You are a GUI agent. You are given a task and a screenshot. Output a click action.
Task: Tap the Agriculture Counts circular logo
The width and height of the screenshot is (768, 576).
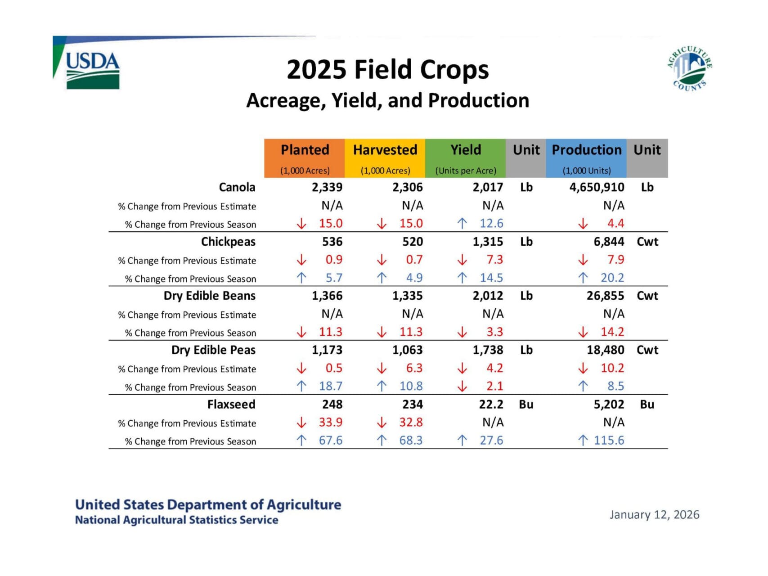689,68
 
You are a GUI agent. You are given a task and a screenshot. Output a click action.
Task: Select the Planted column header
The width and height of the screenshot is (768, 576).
305,150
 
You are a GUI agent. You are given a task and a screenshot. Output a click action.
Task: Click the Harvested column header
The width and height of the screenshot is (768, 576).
385,150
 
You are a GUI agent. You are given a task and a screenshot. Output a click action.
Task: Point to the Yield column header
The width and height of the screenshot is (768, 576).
466,150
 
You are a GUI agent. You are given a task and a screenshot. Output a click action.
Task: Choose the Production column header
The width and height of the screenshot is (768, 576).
586,150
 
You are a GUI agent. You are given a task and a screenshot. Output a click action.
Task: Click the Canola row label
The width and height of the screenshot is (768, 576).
237,187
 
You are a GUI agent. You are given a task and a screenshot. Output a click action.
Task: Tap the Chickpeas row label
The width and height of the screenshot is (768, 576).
228,242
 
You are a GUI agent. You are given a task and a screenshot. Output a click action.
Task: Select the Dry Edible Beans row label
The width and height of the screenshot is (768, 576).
209,296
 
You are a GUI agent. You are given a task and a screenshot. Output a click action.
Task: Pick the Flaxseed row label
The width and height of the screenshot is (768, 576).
231,404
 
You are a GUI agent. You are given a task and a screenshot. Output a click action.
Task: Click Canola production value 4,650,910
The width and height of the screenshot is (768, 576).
597,187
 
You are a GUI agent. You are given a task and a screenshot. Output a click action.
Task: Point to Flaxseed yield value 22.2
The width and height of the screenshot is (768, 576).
491,404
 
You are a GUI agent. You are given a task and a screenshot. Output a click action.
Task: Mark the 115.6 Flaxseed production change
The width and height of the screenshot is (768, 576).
609,440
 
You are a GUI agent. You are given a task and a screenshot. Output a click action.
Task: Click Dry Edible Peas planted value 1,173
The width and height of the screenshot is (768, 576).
327,350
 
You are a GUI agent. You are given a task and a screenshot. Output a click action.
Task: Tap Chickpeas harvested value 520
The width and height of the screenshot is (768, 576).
413,242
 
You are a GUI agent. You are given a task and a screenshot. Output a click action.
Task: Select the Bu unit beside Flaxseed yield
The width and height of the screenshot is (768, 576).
526,404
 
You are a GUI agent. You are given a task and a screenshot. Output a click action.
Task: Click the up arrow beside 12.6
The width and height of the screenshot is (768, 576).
462,224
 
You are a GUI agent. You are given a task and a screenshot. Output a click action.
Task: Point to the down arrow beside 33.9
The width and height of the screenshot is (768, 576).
301,423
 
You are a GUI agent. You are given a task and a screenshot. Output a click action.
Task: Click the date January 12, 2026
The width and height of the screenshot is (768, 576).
654,514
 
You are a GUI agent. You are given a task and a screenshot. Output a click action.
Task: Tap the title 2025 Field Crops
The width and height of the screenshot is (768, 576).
387,70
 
